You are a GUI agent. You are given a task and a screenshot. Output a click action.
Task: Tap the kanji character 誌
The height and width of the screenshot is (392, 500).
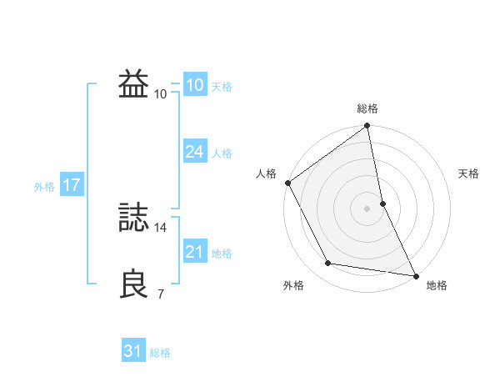[x=134, y=218]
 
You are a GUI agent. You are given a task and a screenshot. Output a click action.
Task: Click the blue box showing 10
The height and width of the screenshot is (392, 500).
[x=194, y=85]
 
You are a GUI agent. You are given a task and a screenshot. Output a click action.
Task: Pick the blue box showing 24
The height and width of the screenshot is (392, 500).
[x=194, y=152]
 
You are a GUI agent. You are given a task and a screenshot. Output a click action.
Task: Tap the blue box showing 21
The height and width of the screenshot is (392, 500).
[x=194, y=252]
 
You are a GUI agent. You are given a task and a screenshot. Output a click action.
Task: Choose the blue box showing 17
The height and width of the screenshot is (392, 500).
[x=71, y=185]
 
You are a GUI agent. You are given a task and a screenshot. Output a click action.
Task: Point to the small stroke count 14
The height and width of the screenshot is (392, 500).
[x=162, y=227]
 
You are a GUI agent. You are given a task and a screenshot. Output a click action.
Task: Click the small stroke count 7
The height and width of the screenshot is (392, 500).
[x=161, y=294]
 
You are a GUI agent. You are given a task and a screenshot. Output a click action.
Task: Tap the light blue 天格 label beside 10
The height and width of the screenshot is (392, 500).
[x=222, y=87]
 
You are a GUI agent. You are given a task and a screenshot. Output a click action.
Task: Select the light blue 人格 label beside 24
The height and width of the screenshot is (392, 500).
[x=222, y=153]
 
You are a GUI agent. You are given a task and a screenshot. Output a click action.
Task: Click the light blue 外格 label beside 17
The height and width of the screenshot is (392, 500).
[x=44, y=187]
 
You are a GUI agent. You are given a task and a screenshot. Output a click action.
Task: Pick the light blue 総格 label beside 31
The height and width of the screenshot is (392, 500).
[x=160, y=353]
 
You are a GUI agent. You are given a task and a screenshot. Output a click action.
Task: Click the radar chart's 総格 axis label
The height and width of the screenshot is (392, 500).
[x=367, y=108]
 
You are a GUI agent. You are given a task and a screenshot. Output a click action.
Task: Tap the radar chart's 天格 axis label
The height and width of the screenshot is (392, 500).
[x=469, y=173]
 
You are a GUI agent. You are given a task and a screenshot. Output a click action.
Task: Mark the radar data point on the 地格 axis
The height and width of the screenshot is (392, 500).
[x=415, y=274]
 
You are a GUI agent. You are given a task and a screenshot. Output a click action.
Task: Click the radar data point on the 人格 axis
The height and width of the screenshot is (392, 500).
[x=288, y=183]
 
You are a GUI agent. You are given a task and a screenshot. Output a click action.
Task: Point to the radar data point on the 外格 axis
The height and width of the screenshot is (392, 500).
[x=329, y=264]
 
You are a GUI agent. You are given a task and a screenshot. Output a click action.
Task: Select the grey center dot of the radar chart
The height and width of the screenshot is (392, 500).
[x=367, y=208]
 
